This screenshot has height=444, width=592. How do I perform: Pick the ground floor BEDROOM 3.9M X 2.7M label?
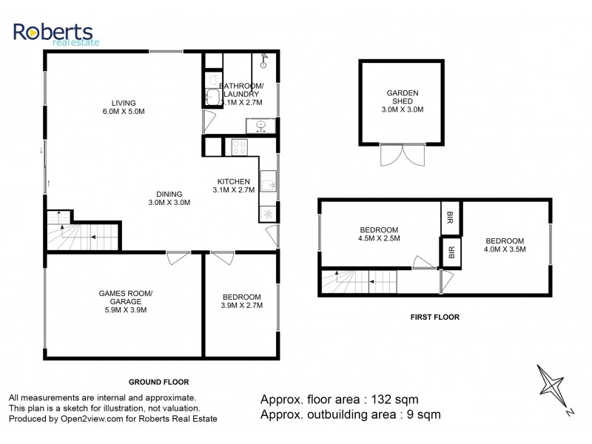[241, 300]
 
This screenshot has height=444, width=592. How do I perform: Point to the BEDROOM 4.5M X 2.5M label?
[379, 234]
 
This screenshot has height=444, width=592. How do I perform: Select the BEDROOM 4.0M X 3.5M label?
[505, 245]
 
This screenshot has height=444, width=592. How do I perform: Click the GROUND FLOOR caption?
[159, 382]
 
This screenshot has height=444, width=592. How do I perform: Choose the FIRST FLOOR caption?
[434, 317]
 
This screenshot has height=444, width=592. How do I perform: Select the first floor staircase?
[357, 281]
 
